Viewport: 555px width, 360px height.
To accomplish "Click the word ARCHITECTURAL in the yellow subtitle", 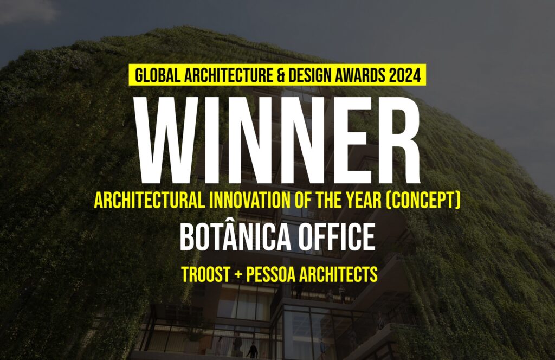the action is tap(150, 201).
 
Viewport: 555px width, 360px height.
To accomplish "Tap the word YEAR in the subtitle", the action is tap(365, 201).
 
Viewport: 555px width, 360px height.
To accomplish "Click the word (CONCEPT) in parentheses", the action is tap(423, 201).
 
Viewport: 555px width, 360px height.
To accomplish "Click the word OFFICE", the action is tap(336, 237).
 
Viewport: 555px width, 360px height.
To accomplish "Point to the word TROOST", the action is tap(205, 274).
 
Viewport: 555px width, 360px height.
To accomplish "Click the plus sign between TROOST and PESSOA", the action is tap(238, 275).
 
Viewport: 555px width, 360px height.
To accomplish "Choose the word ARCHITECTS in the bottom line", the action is tap(339, 274).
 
